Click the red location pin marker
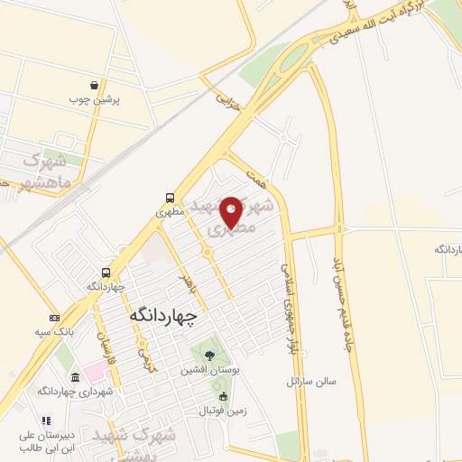[231, 211]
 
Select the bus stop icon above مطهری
[169, 198]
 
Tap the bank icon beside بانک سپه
[55, 318]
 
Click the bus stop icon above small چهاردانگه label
[106, 272]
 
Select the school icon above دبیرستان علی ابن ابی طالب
[47, 420]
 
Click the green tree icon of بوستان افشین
[209, 355]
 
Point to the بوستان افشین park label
[209, 370]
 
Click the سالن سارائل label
[311, 381]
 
